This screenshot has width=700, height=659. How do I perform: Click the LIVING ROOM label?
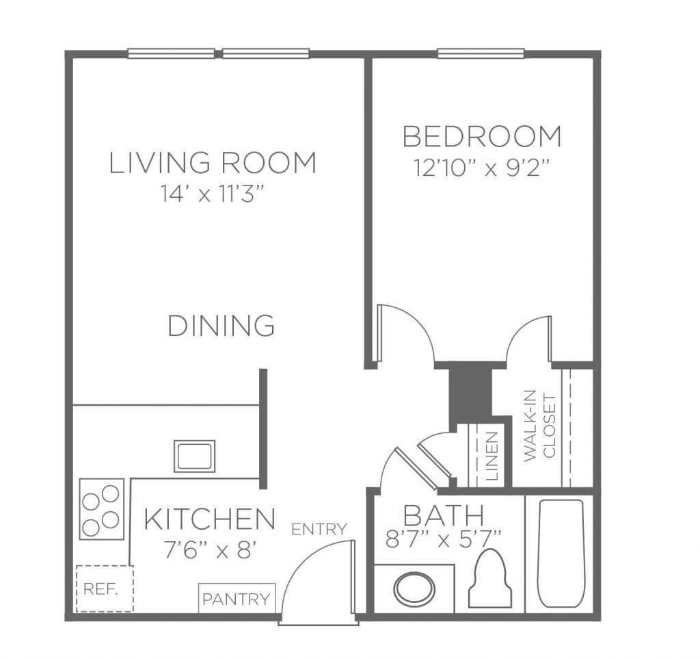(x=213, y=163)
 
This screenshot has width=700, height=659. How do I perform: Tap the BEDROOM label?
(x=482, y=136)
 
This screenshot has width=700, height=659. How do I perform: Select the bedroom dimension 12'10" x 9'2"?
(x=481, y=168)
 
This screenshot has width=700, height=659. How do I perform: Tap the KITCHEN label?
(x=209, y=518)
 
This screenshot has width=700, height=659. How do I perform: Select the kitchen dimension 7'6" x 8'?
(x=209, y=550)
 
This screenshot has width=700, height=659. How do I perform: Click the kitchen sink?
(x=194, y=456)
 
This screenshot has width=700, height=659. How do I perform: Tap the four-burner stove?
(x=102, y=509)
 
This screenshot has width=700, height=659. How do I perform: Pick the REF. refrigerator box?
(x=105, y=589)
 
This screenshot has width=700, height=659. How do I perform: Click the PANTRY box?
(x=237, y=598)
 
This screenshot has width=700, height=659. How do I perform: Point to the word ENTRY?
(x=319, y=529)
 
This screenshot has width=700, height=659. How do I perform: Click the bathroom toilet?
(x=490, y=578)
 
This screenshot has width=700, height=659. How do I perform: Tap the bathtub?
(x=561, y=554)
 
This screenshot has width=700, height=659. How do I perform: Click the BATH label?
(x=444, y=515)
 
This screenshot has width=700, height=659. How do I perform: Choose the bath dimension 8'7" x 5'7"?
(x=444, y=539)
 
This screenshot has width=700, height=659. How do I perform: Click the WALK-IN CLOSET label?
(x=540, y=427)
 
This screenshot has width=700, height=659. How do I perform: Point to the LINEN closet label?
(x=491, y=456)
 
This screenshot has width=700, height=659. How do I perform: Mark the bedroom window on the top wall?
(x=480, y=53)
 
